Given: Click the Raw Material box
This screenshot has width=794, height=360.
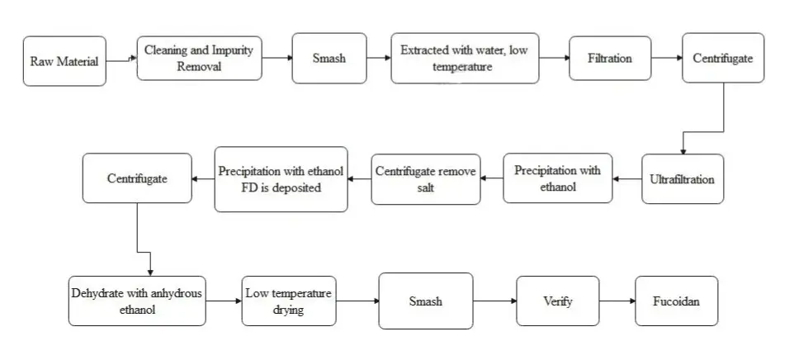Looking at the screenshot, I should point(66,61).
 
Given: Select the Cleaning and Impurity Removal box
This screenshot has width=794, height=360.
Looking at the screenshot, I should point(199,58).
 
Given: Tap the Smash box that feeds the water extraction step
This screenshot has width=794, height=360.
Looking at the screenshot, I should point(328,59).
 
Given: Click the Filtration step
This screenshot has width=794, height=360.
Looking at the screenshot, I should point(609,59).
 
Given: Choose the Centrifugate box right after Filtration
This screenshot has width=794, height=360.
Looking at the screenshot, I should point(723,59).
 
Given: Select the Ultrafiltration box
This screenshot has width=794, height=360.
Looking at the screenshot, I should point(683,179).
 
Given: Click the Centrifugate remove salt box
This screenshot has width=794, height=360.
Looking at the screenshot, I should point(425,179).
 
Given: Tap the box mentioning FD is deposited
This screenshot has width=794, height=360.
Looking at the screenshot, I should point(281,179).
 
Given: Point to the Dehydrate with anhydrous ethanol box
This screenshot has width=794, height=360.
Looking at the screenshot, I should point(135,301).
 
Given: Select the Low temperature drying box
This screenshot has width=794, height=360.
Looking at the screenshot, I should point(289,301).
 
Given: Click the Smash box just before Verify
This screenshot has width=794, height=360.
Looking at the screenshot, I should point(425,301).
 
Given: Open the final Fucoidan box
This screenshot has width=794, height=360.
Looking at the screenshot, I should point(676,301).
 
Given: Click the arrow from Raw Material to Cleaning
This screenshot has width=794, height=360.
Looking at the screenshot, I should point(122,59).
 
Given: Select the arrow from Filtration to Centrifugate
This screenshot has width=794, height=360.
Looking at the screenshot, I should point(665,59).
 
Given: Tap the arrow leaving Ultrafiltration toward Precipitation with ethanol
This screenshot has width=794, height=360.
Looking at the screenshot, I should point(627,178).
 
